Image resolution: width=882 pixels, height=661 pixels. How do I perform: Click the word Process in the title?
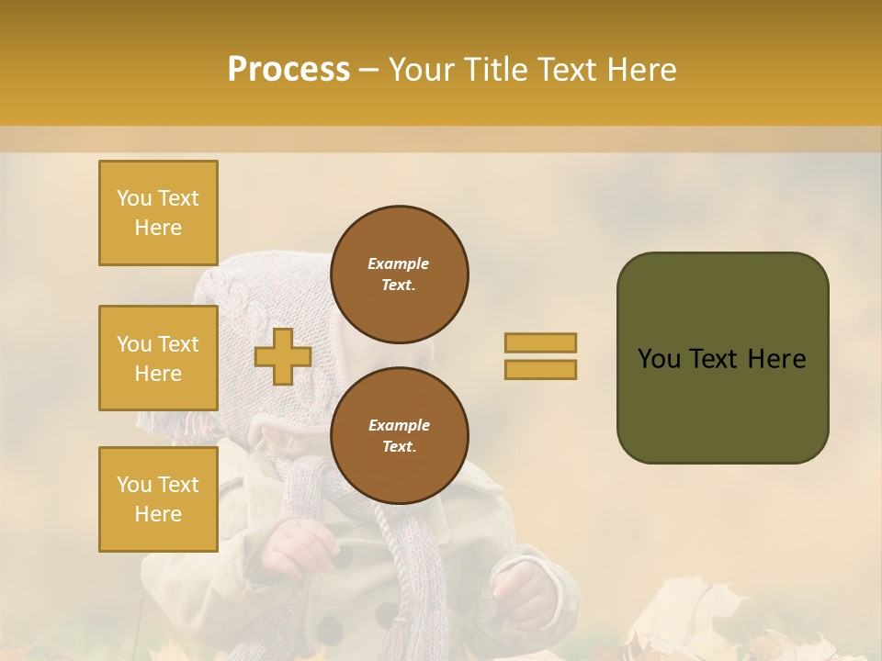point(288,70)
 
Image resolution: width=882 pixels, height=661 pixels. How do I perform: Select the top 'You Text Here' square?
point(158,213)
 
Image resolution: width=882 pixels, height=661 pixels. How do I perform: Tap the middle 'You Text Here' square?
point(158,358)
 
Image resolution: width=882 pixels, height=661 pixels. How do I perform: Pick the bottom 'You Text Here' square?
point(158,499)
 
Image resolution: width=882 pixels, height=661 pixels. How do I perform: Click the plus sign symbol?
point(283,357)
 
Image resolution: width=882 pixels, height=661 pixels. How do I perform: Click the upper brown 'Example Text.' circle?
point(399,274)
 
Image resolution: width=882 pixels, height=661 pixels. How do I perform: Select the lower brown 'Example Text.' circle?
point(399,436)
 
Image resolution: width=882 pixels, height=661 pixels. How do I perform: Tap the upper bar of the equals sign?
point(540,343)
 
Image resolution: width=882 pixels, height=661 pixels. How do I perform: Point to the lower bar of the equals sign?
point(540,370)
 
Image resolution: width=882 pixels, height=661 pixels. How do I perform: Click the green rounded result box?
point(722,358)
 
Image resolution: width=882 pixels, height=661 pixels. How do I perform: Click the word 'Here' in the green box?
point(776,359)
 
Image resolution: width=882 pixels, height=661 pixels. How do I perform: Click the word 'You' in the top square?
point(134,198)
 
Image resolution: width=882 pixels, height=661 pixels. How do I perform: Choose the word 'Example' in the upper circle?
point(399,263)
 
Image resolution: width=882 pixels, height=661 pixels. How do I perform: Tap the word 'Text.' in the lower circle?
point(399,447)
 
